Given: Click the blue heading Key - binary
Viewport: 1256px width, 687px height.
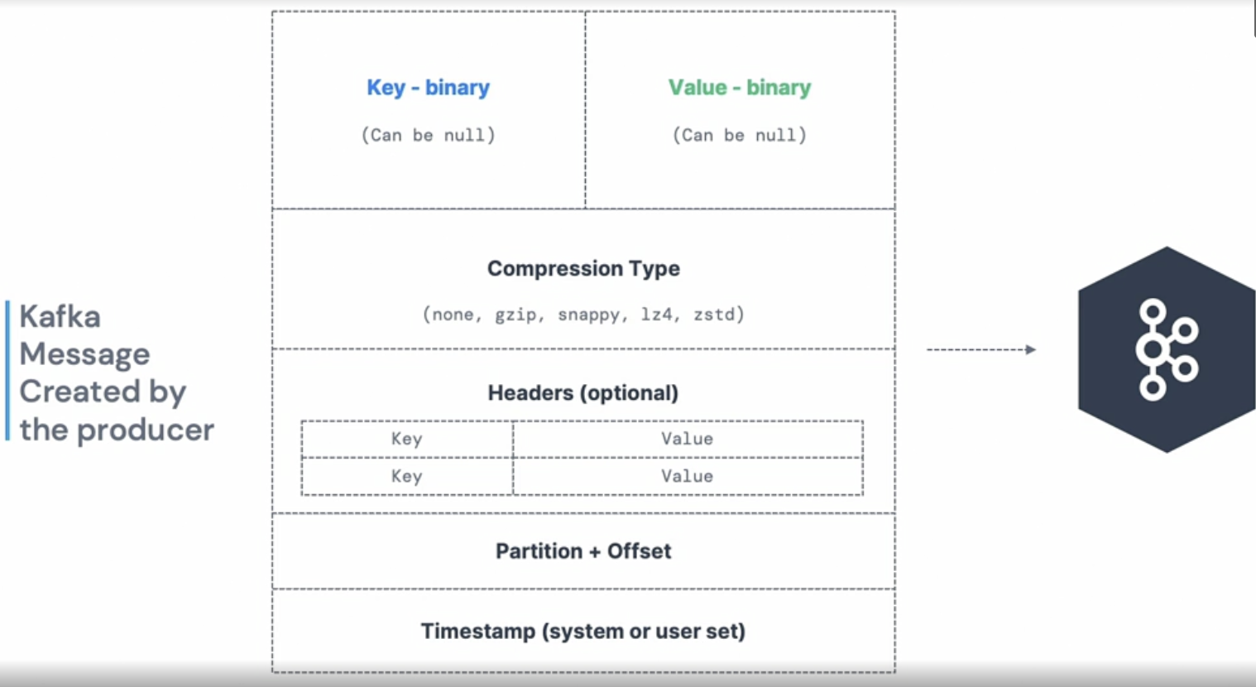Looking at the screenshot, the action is click(x=429, y=88).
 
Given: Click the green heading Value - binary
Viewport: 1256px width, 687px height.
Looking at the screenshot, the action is click(x=740, y=88).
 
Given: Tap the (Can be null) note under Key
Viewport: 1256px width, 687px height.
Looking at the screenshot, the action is click(x=429, y=135).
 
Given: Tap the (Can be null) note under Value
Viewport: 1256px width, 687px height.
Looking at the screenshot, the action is click(x=740, y=135).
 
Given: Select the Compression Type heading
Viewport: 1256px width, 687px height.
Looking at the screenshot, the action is click(x=583, y=269).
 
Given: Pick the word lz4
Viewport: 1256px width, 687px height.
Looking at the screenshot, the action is click(x=657, y=314).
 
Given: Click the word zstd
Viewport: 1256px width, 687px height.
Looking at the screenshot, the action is click(x=714, y=314).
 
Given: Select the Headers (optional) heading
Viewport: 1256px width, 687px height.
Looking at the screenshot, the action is click(x=583, y=393).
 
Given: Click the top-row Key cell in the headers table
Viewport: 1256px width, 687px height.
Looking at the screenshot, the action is click(x=406, y=440).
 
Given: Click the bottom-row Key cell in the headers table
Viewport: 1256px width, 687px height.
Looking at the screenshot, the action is click(x=406, y=477).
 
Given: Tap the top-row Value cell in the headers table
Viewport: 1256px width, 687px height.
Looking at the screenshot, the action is click(x=688, y=440).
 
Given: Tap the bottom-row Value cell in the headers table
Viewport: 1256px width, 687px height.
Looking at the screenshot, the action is click(x=688, y=477).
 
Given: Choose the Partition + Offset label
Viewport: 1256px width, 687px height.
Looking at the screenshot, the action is click(x=583, y=551).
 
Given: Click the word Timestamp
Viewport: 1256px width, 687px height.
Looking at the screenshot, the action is click(x=478, y=632).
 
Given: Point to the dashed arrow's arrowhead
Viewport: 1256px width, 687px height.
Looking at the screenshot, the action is click(x=1031, y=350).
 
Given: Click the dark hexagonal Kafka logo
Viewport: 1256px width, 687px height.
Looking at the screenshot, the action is click(x=1167, y=349).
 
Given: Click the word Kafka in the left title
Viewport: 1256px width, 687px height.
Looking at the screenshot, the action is click(x=60, y=316).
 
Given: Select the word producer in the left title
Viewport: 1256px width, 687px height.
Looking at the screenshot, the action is click(x=146, y=430).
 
